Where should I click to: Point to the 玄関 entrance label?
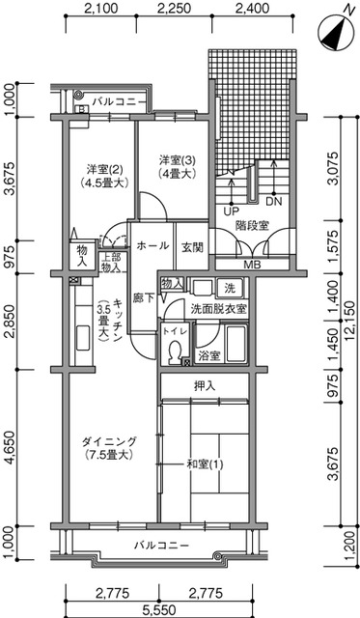(192, 247)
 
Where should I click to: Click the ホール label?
(152, 245)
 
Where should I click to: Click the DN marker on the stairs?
(273, 203)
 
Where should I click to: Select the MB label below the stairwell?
(252, 265)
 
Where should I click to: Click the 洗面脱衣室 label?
(218, 308)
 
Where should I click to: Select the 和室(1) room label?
(204, 464)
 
